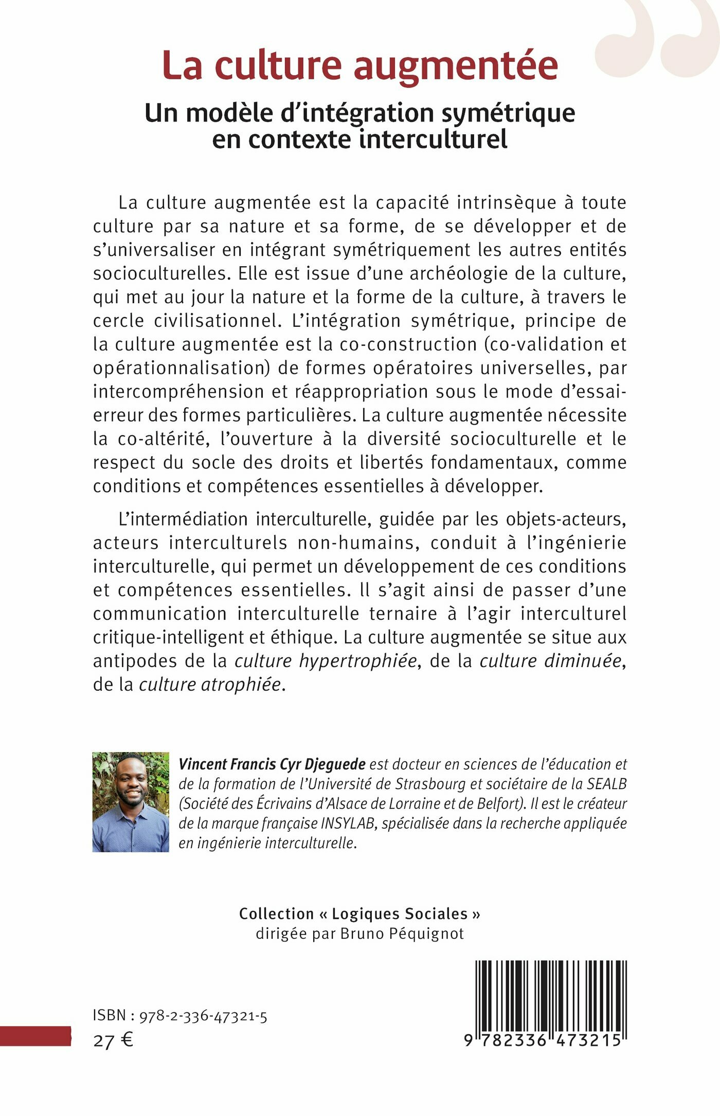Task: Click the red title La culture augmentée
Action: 360,65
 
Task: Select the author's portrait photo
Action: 131,801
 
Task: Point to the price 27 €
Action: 113,1041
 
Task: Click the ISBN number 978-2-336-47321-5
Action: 203,1016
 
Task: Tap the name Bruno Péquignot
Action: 402,934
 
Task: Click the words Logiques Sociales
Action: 400,914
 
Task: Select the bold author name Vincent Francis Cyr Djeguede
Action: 272,764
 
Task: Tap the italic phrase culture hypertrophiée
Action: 326,661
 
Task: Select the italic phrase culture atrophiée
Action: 210,685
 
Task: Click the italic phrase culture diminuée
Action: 550,661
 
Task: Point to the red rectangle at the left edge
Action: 35,1036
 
